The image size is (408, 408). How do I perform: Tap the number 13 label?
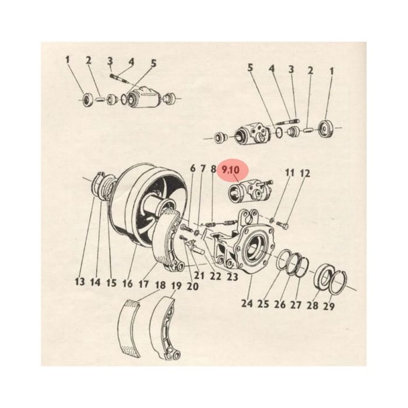[x=80, y=282]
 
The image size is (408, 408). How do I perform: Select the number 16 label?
[x=128, y=283]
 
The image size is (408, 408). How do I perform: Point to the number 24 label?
[x=247, y=303]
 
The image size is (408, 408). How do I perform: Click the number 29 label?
[x=328, y=306]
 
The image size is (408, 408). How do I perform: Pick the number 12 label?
[x=305, y=173]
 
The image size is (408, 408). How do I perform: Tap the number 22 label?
[x=216, y=276]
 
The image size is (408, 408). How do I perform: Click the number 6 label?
[x=192, y=168]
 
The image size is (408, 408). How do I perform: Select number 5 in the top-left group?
[x=153, y=63]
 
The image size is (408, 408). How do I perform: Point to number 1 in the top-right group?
[x=332, y=71]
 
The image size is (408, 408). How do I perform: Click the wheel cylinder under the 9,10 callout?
[x=250, y=192]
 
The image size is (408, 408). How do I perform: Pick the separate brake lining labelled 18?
[x=129, y=328]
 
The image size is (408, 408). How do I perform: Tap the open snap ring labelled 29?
[x=338, y=283]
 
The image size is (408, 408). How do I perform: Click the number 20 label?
[x=192, y=286]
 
